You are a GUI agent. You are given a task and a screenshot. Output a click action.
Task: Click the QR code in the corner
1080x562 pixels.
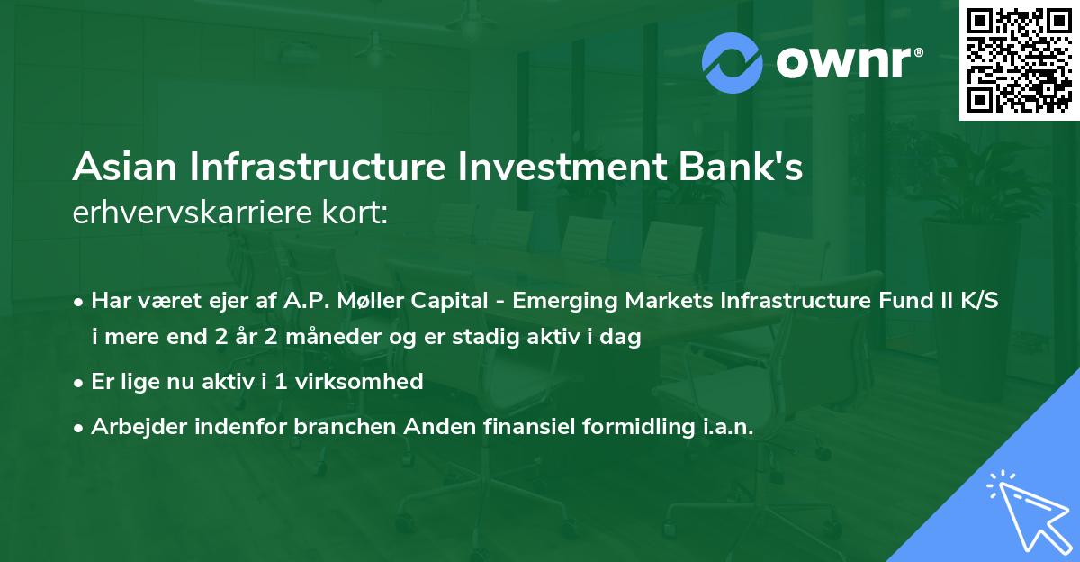click(x=1020, y=59)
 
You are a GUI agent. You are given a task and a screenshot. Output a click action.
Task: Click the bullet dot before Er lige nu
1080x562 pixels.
click(x=80, y=382)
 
